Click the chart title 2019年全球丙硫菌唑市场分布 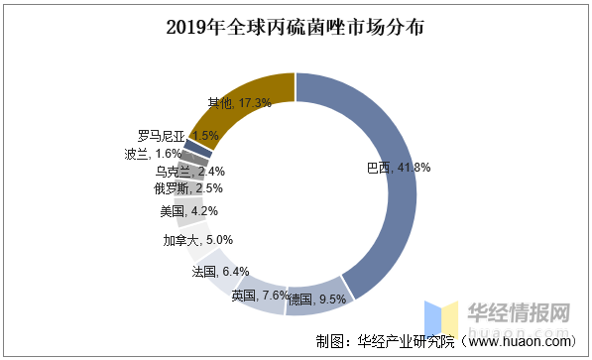pos(295,27)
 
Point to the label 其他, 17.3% pos(238,102)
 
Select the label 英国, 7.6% pos(260,295)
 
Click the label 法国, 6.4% pos(219,271)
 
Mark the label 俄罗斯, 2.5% pos(187,187)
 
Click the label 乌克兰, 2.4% pos(188,171)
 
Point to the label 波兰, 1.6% pos(153,154)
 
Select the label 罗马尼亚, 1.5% pos(178,135)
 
